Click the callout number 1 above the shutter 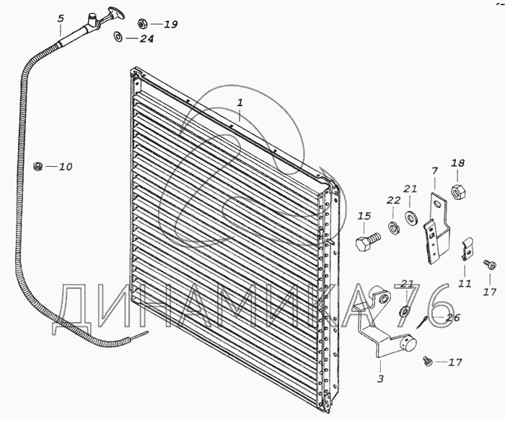point(241,103)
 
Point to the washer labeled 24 point(118,38)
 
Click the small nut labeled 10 point(38,167)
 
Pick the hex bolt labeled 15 point(365,241)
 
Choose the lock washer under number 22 point(395,229)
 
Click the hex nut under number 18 point(457,193)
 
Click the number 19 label point(170,24)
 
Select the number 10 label point(66,167)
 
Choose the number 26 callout point(452,316)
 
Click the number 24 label point(146,38)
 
